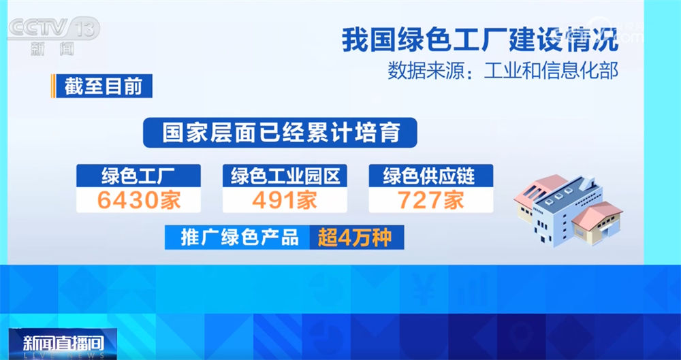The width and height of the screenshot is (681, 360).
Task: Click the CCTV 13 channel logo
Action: [53, 29]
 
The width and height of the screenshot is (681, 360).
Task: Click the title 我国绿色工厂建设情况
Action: [480, 39]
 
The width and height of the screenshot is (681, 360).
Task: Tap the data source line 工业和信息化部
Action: [503, 71]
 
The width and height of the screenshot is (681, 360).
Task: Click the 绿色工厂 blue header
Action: [139, 176]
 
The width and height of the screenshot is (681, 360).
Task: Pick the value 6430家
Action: [139, 200]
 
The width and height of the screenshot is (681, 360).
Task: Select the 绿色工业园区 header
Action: [285, 176]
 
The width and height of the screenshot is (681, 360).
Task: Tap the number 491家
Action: [285, 200]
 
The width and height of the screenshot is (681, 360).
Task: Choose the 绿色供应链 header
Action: [430, 176]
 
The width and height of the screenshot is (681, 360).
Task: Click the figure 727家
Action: [430, 200]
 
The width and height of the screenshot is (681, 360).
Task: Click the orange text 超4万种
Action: [354, 238]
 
